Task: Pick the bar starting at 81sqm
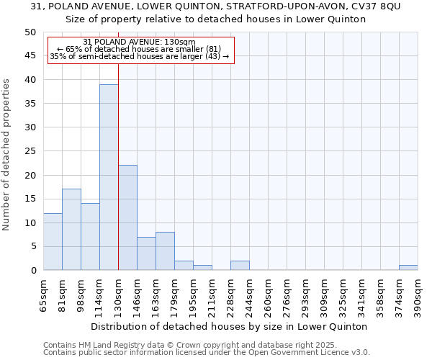coord(71,230)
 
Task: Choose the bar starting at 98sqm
coord(90,237)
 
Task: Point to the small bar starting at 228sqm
coord(240,266)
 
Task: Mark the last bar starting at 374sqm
coord(408,268)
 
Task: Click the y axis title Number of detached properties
coord(7,155)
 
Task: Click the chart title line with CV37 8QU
coord(216,6)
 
